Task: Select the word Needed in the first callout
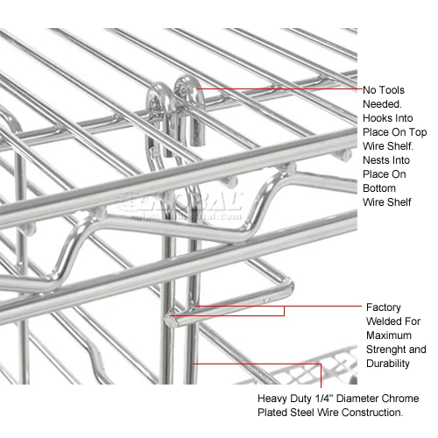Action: (383, 103)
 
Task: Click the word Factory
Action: (385, 307)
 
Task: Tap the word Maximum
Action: (389, 336)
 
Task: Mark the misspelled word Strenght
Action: (386, 350)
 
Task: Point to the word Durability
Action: (389, 364)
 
